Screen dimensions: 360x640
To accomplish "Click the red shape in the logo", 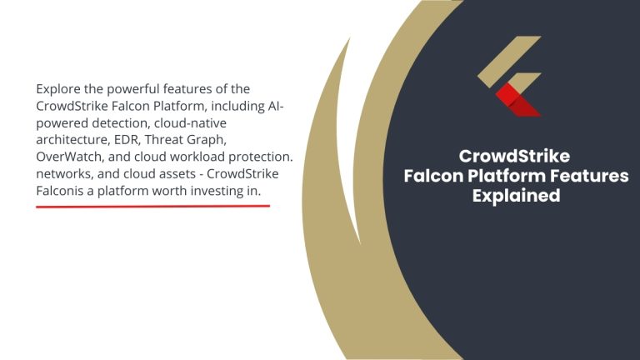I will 511,99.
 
